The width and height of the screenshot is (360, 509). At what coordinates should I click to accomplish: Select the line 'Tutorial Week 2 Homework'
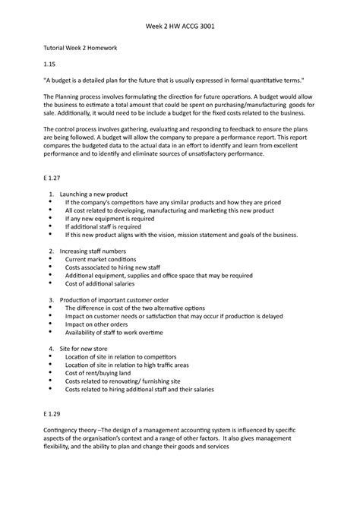point(80,47)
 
